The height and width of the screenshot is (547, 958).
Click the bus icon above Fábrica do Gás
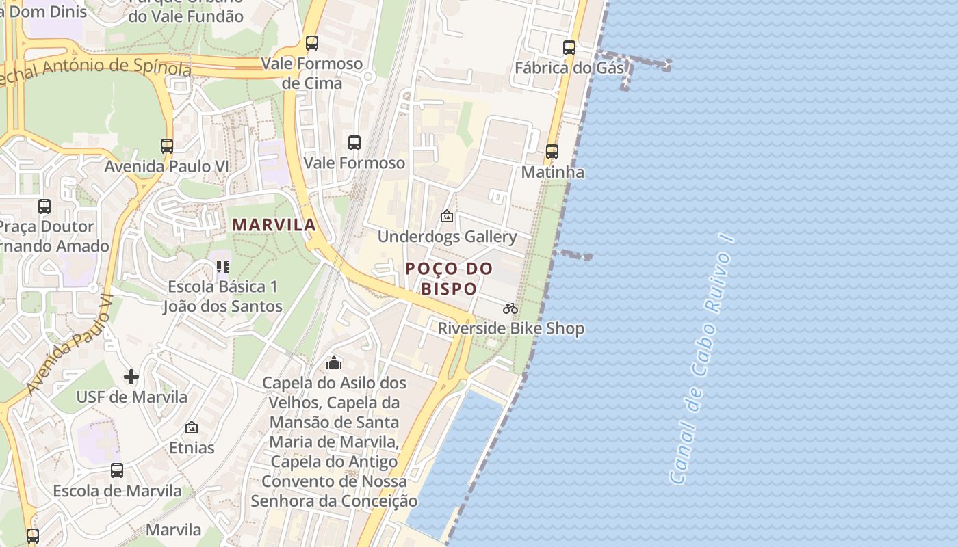click(x=569, y=48)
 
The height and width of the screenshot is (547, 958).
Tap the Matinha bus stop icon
click(x=552, y=152)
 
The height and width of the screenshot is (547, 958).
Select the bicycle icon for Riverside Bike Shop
click(x=510, y=308)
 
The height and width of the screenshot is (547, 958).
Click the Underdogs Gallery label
click(x=447, y=237)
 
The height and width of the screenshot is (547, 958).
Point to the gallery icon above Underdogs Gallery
click(x=447, y=217)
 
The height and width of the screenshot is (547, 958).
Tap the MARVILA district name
click(x=274, y=225)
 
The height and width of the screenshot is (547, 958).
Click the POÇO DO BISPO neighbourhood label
click(x=449, y=278)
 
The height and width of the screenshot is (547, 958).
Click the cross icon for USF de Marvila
click(x=131, y=377)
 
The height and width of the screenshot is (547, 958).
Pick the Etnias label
click(x=192, y=448)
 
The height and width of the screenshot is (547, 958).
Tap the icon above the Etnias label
click(x=192, y=427)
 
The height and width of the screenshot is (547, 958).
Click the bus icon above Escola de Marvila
click(x=117, y=470)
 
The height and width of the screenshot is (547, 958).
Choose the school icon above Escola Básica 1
click(x=222, y=266)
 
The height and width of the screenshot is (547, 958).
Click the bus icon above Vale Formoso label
click(x=354, y=143)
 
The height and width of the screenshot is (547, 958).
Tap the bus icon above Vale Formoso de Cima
click(x=312, y=43)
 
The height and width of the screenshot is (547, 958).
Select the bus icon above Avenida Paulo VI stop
click(x=167, y=146)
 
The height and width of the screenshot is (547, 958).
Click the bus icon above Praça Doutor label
click(x=44, y=206)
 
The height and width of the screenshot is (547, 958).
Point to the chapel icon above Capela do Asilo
click(x=334, y=362)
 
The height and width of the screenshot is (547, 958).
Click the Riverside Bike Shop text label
click(x=510, y=329)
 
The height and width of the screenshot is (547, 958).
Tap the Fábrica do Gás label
click(x=569, y=68)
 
